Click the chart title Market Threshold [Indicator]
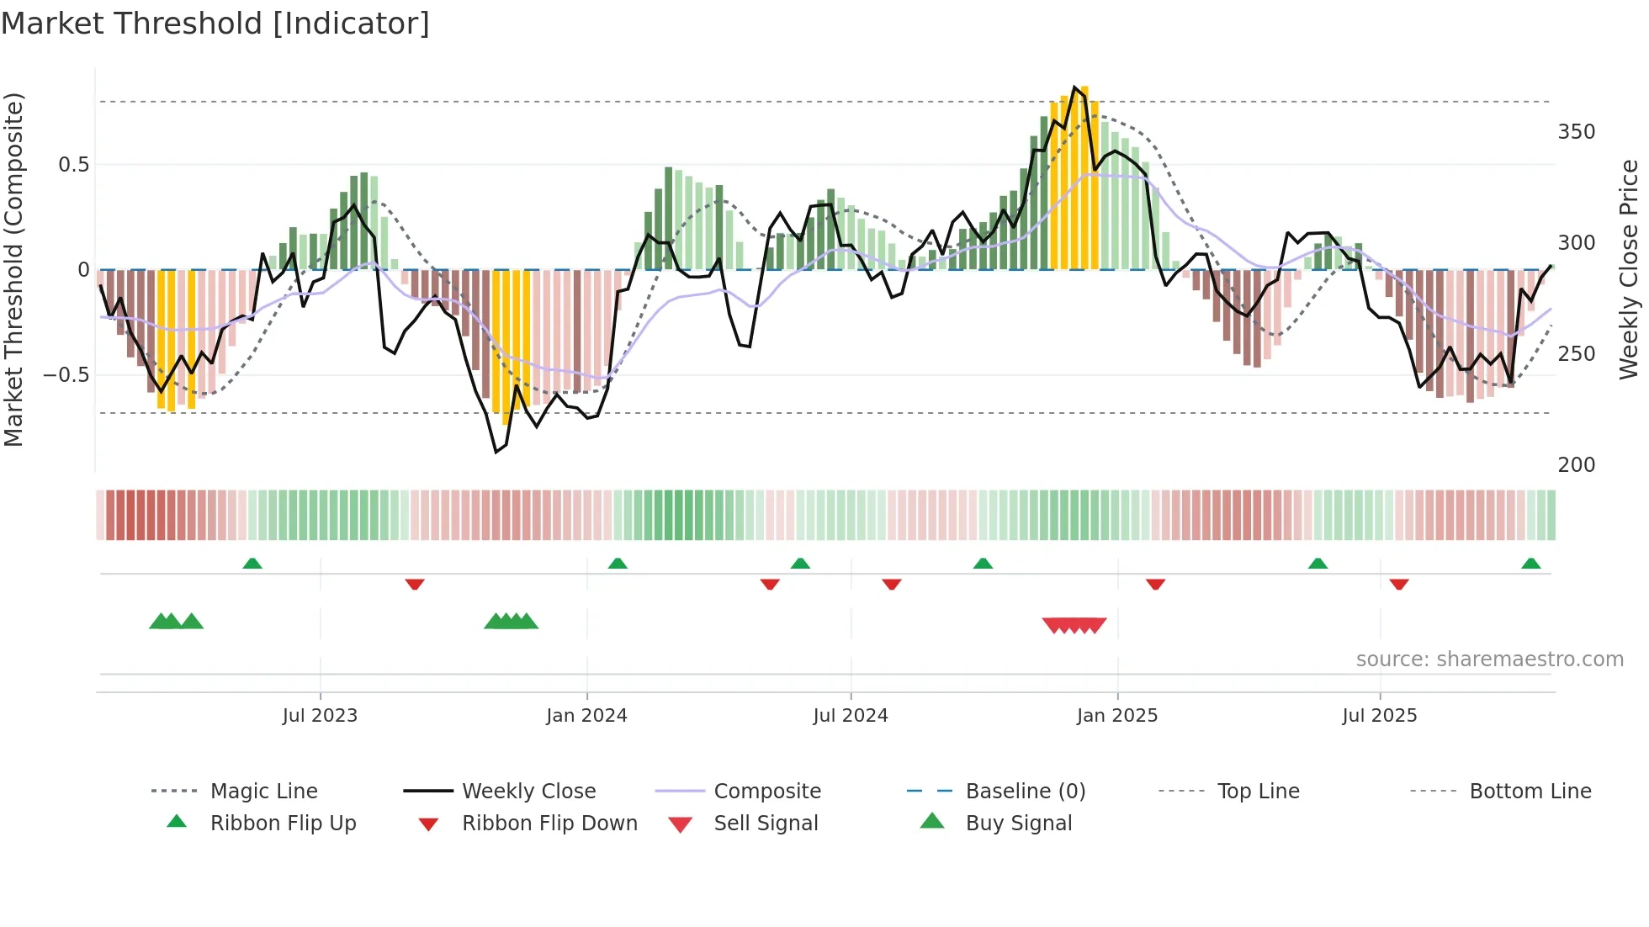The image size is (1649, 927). [215, 24]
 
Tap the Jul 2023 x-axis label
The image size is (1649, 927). [320, 716]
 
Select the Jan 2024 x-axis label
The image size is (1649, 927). [586, 716]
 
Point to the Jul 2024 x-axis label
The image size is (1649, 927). [851, 716]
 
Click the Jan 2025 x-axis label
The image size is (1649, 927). [1117, 716]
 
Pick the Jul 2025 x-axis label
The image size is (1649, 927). [1380, 716]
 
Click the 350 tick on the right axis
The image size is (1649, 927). [1577, 132]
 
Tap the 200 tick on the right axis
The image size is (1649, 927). [1577, 465]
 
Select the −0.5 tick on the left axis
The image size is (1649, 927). [66, 375]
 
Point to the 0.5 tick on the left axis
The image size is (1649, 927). [74, 165]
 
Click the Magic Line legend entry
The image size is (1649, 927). [263, 792]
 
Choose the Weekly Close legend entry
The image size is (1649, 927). [528, 792]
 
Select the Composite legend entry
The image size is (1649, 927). [766, 792]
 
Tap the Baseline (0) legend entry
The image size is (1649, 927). [1025, 792]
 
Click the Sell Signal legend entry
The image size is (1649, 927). [765, 824]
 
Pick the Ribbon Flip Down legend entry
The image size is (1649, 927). [549, 824]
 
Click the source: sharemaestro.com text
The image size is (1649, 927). [1489, 659]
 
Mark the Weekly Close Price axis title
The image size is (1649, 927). [1630, 269]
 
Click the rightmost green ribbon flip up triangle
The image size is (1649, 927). [1531, 564]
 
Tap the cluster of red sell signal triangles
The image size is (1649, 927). [1074, 625]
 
